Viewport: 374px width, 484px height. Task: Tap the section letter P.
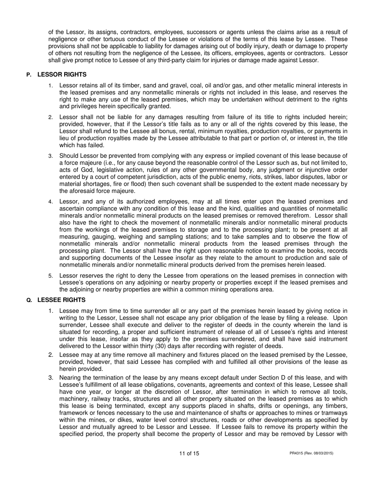click(x=28, y=75)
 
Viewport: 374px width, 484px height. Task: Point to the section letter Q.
click(x=29, y=300)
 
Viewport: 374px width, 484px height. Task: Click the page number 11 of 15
click(x=189, y=453)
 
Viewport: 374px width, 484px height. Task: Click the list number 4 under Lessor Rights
click(x=50, y=202)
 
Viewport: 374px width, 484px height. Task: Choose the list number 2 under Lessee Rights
click(x=50, y=355)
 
